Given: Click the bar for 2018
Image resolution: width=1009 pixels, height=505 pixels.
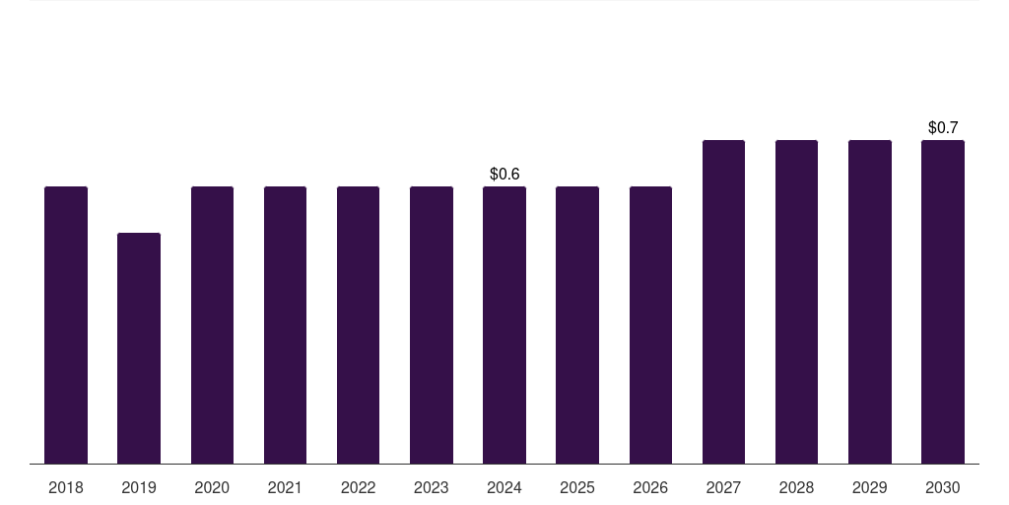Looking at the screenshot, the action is (x=66, y=325).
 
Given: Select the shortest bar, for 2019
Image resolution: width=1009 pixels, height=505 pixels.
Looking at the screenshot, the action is (x=139, y=348).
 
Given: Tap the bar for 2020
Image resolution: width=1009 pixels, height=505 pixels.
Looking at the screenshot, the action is (x=213, y=325).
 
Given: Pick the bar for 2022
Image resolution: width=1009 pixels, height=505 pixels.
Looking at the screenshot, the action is (x=358, y=325).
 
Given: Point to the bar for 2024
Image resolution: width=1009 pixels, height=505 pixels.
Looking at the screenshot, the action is (x=504, y=325).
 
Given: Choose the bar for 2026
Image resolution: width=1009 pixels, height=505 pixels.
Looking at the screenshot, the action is (x=650, y=325).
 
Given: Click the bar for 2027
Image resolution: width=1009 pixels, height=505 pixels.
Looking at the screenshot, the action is (x=723, y=302).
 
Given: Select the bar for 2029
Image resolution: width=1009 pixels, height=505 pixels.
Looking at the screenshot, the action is (x=870, y=302).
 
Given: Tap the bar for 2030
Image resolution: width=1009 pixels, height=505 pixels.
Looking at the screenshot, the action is (x=943, y=302).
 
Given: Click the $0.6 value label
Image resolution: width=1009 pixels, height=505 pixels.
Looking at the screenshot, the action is (x=504, y=174).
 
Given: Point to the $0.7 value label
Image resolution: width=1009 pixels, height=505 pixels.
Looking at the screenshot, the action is (x=943, y=127).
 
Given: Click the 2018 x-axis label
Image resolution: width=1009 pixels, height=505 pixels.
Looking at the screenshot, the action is (x=66, y=488).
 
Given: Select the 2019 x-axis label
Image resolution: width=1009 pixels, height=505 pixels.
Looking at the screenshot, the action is (x=139, y=488).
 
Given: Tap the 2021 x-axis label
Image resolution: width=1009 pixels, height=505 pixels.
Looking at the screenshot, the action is (x=285, y=488).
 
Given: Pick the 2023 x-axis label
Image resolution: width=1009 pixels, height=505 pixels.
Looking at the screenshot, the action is (x=432, y=488).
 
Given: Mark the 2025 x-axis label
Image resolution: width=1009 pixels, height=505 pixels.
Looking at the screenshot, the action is (x=577, y=488).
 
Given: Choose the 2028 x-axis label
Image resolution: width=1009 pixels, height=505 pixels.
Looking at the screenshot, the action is (x=796, y=488).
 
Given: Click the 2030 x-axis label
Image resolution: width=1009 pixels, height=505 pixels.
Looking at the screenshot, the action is (x=943, y=488).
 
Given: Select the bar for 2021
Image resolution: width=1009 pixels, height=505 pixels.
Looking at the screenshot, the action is (x=285, y=325).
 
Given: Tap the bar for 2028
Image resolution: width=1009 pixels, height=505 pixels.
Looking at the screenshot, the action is (x=796, y=302).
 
